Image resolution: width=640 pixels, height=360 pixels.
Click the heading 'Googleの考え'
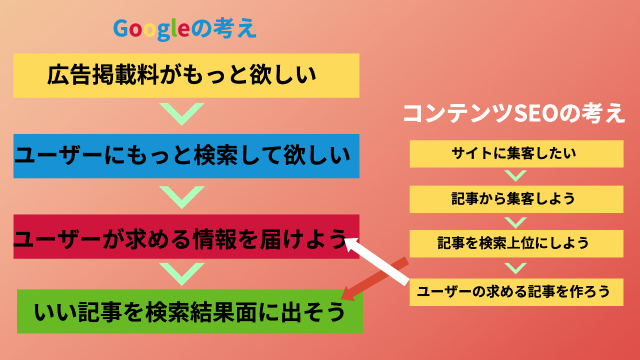coord(185,29)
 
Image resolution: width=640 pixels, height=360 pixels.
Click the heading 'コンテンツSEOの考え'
coord(513,113)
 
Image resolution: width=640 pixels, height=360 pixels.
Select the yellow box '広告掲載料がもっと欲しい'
coord(186,75)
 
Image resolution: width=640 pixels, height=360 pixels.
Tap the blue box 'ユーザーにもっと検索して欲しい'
coord(186,156)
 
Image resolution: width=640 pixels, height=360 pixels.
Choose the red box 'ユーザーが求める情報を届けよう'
coord(186,236)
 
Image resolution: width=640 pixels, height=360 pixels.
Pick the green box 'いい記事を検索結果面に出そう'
coord(189,311)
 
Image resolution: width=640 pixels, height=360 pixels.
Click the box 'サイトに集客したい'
coord(516,153)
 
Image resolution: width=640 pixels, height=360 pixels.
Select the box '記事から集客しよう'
coord(516,199)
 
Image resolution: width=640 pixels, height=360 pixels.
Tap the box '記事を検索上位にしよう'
coord(516,243)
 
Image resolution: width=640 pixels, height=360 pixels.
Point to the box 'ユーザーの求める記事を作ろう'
coord(516,292)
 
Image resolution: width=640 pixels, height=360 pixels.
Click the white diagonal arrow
coord(376,261)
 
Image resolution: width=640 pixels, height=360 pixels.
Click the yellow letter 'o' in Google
coord(149,29)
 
